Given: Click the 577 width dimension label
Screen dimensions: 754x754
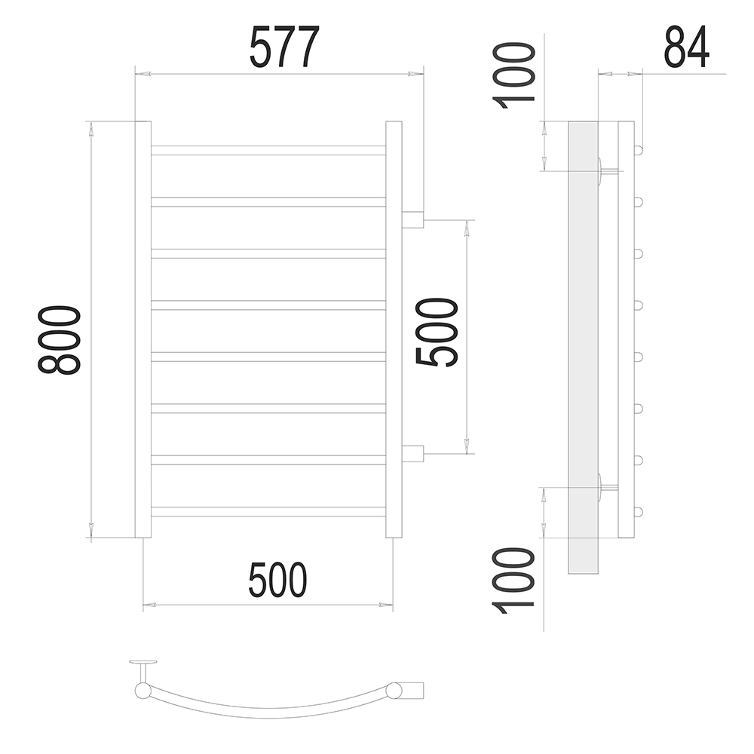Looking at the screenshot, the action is click(x=285, y=47).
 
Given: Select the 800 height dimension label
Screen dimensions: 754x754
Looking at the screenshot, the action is click(x=59, y=339).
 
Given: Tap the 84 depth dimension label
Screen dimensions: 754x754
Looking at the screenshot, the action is click(x=687, y=47).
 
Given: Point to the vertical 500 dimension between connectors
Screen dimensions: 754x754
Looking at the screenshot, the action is click(x=436, y=333).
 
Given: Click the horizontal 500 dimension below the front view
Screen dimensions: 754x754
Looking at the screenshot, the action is click(x=277, y=579).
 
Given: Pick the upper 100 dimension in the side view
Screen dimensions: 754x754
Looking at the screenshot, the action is click(x=513, y=75).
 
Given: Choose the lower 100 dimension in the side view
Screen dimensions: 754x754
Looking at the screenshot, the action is click(x=513, y=580).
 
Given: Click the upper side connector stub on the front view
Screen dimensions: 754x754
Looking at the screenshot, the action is click(x=412, y=219).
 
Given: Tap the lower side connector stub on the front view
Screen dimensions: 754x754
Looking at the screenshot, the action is click(x=412, y=454).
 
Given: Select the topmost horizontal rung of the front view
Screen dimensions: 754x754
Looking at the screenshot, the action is click(x=268, y=150).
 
